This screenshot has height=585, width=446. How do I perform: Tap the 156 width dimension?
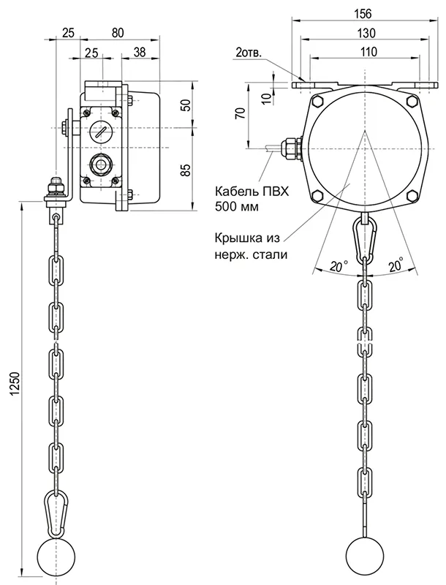[x=363, y=15]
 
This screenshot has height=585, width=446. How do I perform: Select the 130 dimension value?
[x=363, y=33]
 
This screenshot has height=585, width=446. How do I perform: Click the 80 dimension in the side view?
[x=118, y=33]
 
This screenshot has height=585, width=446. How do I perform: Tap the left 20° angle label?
[x=338, y=268]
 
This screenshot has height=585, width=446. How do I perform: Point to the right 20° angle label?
[x=396, y=268]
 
